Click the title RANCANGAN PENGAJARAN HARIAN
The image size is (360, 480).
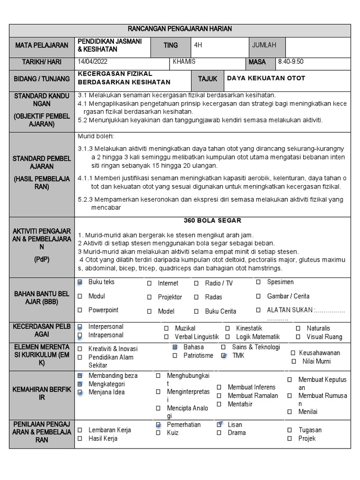[180, 29]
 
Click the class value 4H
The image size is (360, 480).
[199, 45]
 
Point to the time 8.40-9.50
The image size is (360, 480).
[291, 62]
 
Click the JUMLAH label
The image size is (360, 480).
[264, 45]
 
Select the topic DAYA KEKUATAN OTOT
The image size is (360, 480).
[266, 78]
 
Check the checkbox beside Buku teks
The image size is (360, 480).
[80, 282]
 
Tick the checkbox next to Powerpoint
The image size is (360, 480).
[80, 310]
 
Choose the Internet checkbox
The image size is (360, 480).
[149, 284]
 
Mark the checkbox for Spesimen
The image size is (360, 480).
[258, 282]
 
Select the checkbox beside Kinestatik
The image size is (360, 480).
[227, 329]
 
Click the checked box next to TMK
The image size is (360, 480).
[224, 356]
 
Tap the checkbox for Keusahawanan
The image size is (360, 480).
[292, 353]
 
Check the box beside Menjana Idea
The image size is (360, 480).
[80, 392]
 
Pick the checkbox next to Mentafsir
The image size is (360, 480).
[219, 404]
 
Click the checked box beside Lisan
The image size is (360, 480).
[219, 424]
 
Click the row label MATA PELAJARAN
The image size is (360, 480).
[42, 45]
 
